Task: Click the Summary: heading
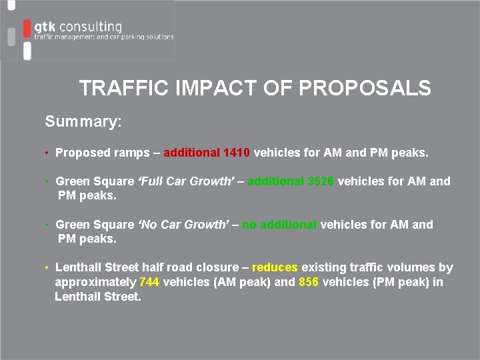(83, 122)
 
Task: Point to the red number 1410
(237, 153)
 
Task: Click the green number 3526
(321, 181)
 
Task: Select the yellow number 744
(149, 282)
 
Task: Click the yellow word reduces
(275, 267)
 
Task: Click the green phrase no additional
(279, 225)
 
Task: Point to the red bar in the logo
(27, 29)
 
